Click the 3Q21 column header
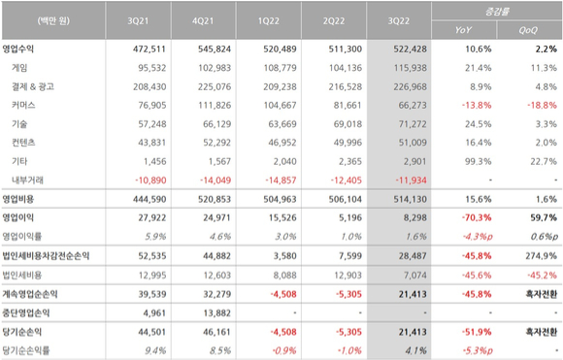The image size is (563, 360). pos(138,20)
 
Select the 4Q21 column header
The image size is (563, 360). pos(203,20)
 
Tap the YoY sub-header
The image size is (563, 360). pos(463,30)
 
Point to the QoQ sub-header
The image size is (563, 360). pos(528,30)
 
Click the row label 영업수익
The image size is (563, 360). pos(17,49)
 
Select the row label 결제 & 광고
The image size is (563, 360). pos(33,86)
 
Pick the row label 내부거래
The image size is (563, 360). pos(27,180)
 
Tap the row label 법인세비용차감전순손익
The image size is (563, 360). pos(46,256)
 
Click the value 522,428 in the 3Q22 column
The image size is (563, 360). pos(410,49)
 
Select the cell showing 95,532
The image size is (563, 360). pos(152,68)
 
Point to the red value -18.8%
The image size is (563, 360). pos(543,105)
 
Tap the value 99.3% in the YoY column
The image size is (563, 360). pos(479,161)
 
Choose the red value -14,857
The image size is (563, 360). pos(281,180)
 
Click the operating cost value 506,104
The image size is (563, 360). pos(346,199)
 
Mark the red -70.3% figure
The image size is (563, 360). pos(477,217)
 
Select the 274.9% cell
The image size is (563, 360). pos(545,256)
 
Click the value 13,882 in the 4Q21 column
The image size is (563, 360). pos(216,313)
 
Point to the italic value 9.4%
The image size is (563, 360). pos(155,350)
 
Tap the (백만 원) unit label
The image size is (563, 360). pos(53,20)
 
